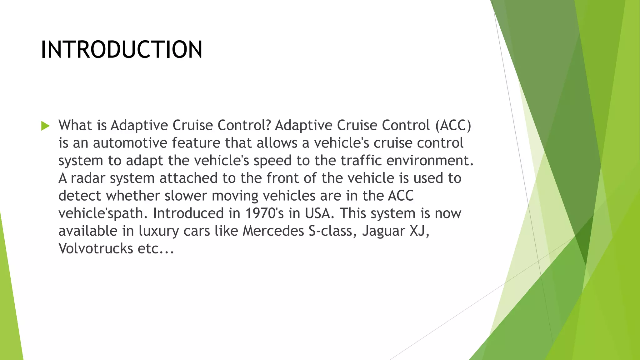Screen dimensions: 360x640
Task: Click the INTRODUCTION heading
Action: [x=122, y=50]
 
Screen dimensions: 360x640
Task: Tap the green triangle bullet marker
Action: [x=45, y=126]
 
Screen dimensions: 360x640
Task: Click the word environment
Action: [x=430, y=161]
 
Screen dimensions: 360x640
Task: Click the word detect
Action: [x=80, y=196]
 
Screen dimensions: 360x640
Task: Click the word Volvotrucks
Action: [x=96, y=249]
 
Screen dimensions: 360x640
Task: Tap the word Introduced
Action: [x=188, y=213]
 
